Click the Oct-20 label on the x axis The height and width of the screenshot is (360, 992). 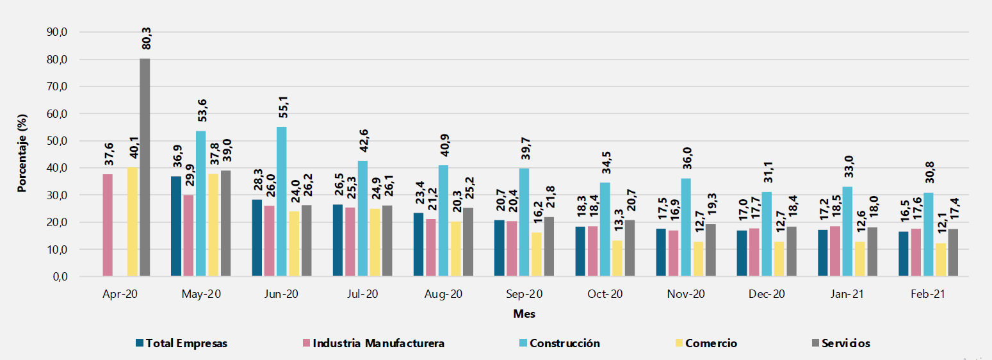[605, 295]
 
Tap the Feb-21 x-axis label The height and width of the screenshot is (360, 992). [928, 295]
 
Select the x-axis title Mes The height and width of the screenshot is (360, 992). [524, 315]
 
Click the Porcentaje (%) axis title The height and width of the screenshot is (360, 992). [22, 154]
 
